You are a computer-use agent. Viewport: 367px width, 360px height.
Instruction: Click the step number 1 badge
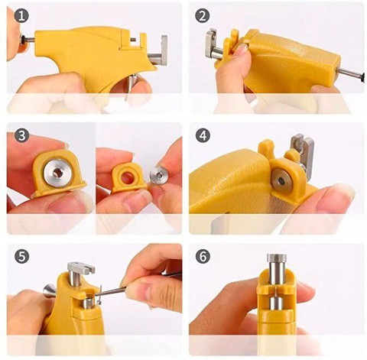tap(21, 16)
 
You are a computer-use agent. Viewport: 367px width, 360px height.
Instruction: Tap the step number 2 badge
tap(203, 16)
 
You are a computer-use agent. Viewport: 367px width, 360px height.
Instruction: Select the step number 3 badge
tap(21, 135)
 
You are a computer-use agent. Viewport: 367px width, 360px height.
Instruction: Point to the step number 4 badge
tap(203, 135)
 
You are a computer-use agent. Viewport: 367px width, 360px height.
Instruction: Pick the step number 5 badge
tap(21, 256)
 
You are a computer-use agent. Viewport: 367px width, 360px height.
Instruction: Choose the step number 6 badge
tap(203, 256)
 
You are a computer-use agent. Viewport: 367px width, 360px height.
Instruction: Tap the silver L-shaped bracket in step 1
tap(159, 52)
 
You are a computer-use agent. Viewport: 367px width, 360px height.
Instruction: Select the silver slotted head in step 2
tap(211, 44)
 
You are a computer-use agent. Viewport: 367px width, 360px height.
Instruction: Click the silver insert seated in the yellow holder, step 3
tap(57, 172)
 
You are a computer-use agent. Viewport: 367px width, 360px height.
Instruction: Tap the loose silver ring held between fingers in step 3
tap(159, 175)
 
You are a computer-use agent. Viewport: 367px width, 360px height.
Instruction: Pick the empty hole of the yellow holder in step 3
tap(128, 177)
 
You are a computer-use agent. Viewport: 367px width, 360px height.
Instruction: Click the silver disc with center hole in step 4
tap(281, 181)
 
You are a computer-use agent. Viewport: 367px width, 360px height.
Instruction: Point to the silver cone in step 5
tap(50, 290)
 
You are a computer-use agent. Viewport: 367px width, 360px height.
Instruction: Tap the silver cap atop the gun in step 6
tap(278, 258)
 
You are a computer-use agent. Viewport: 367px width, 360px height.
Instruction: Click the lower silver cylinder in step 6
tap(277, 303)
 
